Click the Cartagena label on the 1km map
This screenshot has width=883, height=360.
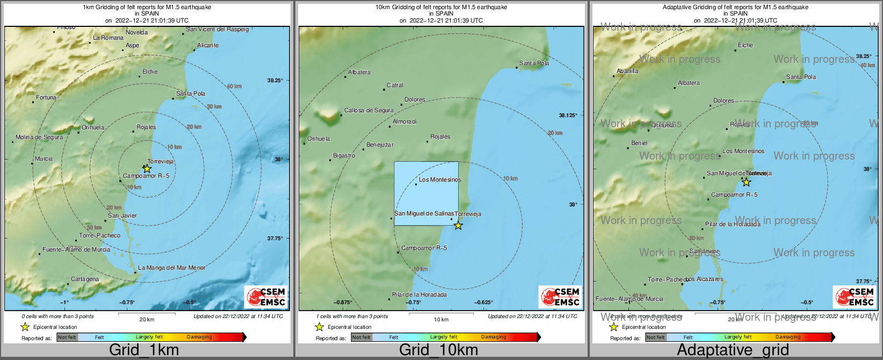(x=85, y=279)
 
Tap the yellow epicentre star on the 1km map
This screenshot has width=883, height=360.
(x=147, y=169)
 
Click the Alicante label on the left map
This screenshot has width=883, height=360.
(x=208, y=46)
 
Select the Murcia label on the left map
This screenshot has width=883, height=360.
(x=44, y=159)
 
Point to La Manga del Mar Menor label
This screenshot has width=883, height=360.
(x=172, y=268)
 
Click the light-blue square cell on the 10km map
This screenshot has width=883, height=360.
(x=426, y=193)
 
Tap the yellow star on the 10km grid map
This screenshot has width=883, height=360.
(x=458, y=226)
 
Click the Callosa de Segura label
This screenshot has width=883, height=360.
(x=369, y=111)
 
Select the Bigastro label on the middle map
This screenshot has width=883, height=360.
(x=344, y=156)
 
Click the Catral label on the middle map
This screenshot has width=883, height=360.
(x=395, y=85)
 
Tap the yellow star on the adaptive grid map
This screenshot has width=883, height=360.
(x=746, y=182)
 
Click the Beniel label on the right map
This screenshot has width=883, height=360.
(x=639, y=143)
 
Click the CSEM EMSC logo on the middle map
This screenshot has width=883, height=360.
(x=560, y=297)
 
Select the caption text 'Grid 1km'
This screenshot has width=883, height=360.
(x=144, y=350)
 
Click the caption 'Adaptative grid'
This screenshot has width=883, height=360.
(x=733, y=350)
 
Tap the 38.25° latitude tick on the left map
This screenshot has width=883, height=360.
(x=275, y=81)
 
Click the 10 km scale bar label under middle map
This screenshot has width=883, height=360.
(x=441, y=320)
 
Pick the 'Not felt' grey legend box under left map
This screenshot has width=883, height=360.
(x=67, y=337)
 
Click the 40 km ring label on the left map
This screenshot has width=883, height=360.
(x=234, y=87)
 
